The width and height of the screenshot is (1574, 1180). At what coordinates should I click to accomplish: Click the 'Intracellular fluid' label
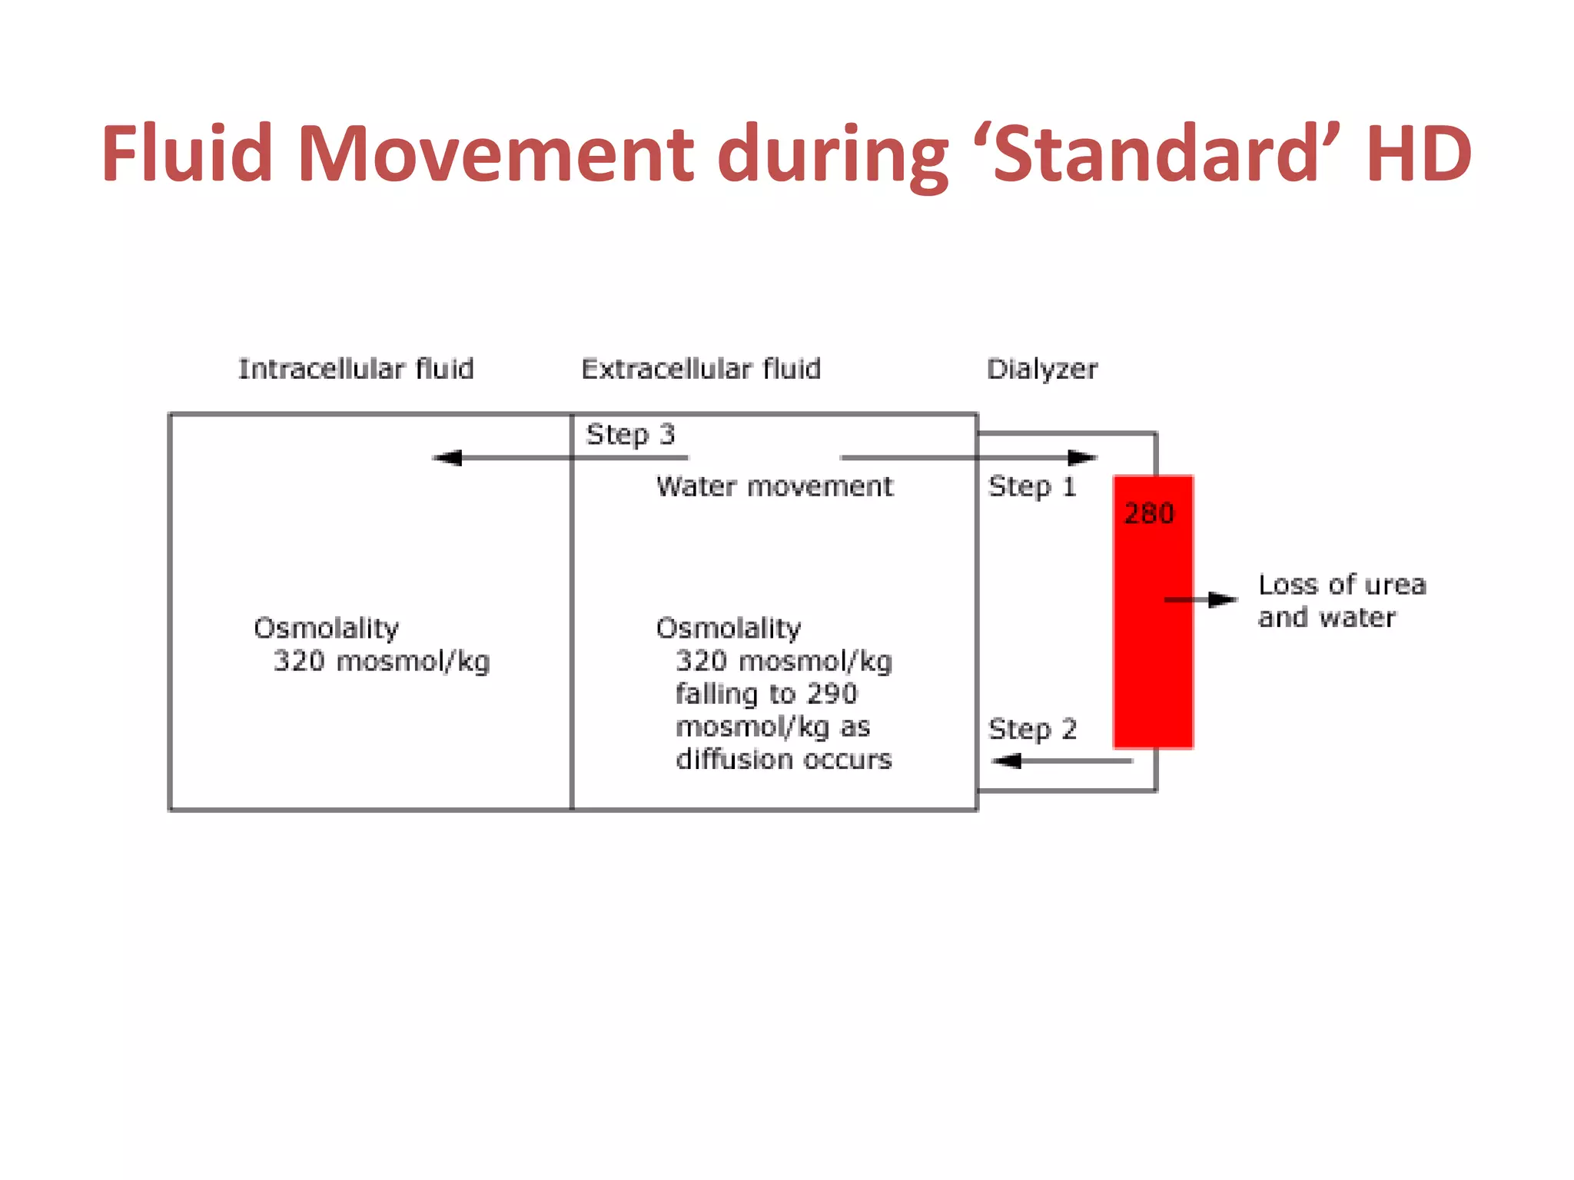[x=356, y=369]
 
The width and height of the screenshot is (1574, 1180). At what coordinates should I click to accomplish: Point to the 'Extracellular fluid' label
[x=701, y=369]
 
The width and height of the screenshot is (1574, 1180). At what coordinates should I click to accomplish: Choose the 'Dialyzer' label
[x=1042, y=370]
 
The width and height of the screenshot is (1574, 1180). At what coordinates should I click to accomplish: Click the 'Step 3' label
[x=630, y=435]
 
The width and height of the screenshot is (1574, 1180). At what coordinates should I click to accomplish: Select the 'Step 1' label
[x=1032, y=486]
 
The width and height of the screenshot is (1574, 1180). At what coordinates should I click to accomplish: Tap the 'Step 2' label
[x=1032, y=728]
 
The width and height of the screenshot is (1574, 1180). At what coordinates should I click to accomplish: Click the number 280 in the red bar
[x=1149, y=513]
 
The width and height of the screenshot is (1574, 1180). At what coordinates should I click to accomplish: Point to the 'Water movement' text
[x=775, y=486]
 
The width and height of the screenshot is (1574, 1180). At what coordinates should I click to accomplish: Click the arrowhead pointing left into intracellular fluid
[x=448, y=458]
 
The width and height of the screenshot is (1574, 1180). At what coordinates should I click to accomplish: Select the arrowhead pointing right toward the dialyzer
[x=1082, y=458]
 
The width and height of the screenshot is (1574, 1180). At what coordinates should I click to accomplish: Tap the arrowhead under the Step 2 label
[x=1007, y=761]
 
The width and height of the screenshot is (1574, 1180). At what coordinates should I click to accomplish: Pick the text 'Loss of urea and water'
[x=1341, y=601]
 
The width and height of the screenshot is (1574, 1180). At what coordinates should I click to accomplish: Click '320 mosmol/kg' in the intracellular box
[x=381, y=661]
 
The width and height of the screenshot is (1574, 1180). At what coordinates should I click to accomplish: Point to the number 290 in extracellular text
[x=832, y=694]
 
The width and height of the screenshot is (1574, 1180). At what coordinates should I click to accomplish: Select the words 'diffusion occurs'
[x=784, y=760]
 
